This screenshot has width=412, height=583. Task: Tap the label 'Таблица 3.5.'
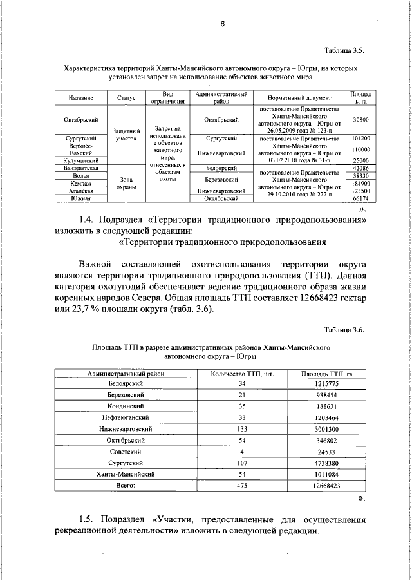click(x=344, y=50)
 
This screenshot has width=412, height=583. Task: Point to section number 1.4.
click(x=89, y=220)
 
